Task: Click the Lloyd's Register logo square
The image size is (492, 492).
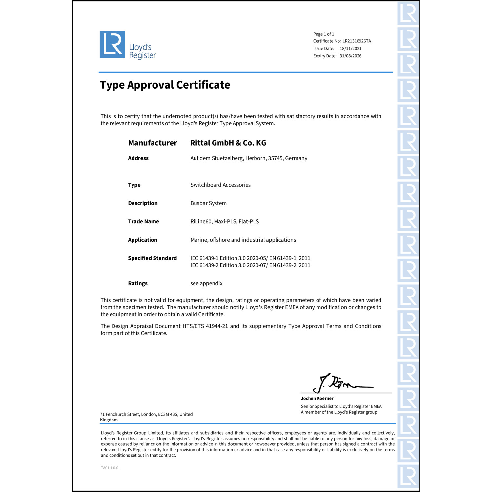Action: [112, 44]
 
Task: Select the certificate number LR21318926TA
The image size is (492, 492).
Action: [357, 41]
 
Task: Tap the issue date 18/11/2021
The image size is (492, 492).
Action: [350, 49]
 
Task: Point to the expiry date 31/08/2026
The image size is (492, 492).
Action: [350, 56]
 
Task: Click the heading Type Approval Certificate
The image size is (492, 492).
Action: [165, 85]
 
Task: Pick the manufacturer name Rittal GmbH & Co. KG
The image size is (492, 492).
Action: [228, 143]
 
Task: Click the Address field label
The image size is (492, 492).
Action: [138, 158]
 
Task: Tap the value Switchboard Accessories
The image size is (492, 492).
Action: [220, 185]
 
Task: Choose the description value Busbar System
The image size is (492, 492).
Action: [208, 203]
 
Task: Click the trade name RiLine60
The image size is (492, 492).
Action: [201, 222]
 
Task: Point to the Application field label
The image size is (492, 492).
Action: [142, 240]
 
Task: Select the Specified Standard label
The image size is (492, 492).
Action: [152, 258]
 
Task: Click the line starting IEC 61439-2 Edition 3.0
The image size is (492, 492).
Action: [250, 265]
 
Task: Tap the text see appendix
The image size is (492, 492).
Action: [206, 283]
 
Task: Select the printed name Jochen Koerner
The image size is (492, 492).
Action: [317, 399]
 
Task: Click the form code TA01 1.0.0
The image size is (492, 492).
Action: [110, 468]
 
